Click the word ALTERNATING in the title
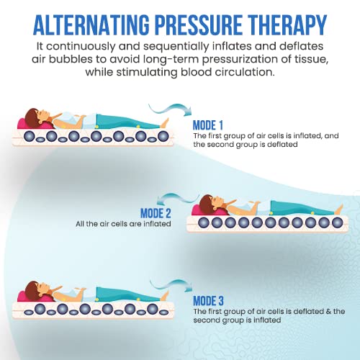pyautogui.click(x=91, y=25)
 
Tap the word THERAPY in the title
pyautogui.click(x=287, y=25)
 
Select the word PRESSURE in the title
pyautogui.click(x=199, y=25)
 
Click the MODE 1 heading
pyautogui.click(x=208, y=125)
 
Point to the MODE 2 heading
pyautogui.click(x=156, y=213)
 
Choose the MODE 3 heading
pyautogui.click(x=208, y=301)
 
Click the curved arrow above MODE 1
pyautogui.click(x=171, y=109)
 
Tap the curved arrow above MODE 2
pyautogui.click(x=178, y=199)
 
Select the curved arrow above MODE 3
pyautogui.click(x=171, y=285)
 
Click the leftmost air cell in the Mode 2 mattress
pyautogui.click(x=203, y=222)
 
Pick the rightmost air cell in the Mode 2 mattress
pyautogui.click(x=337, y=222)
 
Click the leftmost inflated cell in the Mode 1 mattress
pyautogui.click(x=30, y=136)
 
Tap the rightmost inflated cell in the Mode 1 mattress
pyautogui.click(x=163, y=136)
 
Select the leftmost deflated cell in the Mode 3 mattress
pyautogui.click(x=28, y=312)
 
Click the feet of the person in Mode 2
pyautogui.click(x=338, y=210)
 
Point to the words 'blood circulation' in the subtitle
pyautogui.click(x=227, y=72)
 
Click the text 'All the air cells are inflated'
pyautogui.click(x=123, y=224)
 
